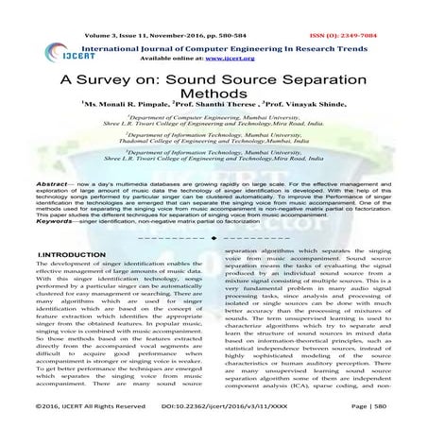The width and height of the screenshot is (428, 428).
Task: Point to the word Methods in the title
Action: click(x=214, y=100)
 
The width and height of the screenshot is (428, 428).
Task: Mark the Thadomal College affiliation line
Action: click(x=214, y=166)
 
